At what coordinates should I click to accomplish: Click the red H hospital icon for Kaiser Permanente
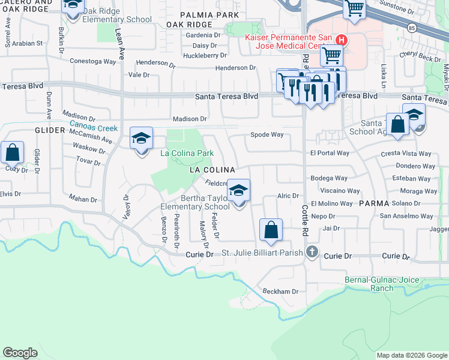[341, 40]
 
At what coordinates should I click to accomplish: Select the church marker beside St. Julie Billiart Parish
[312, 251]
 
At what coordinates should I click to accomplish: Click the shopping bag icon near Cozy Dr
[12, 153]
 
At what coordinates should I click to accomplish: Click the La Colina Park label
[187, 153]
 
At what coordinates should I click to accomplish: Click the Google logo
[20, 352]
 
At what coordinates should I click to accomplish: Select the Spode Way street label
[267, 135]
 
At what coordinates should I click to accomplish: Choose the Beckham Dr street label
[280, 292]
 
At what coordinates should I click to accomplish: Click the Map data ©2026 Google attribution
[411, 355]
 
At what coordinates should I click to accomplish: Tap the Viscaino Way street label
[336, 191]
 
